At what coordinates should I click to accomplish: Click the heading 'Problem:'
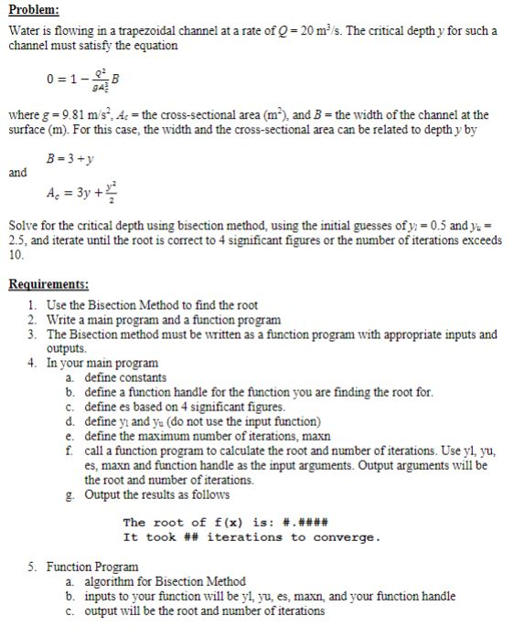tap(34, 11)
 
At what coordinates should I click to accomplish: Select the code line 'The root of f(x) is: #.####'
tap(226, 524)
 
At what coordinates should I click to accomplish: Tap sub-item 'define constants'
tap(125, 377)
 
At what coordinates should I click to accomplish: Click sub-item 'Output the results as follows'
tap(152, 494)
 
